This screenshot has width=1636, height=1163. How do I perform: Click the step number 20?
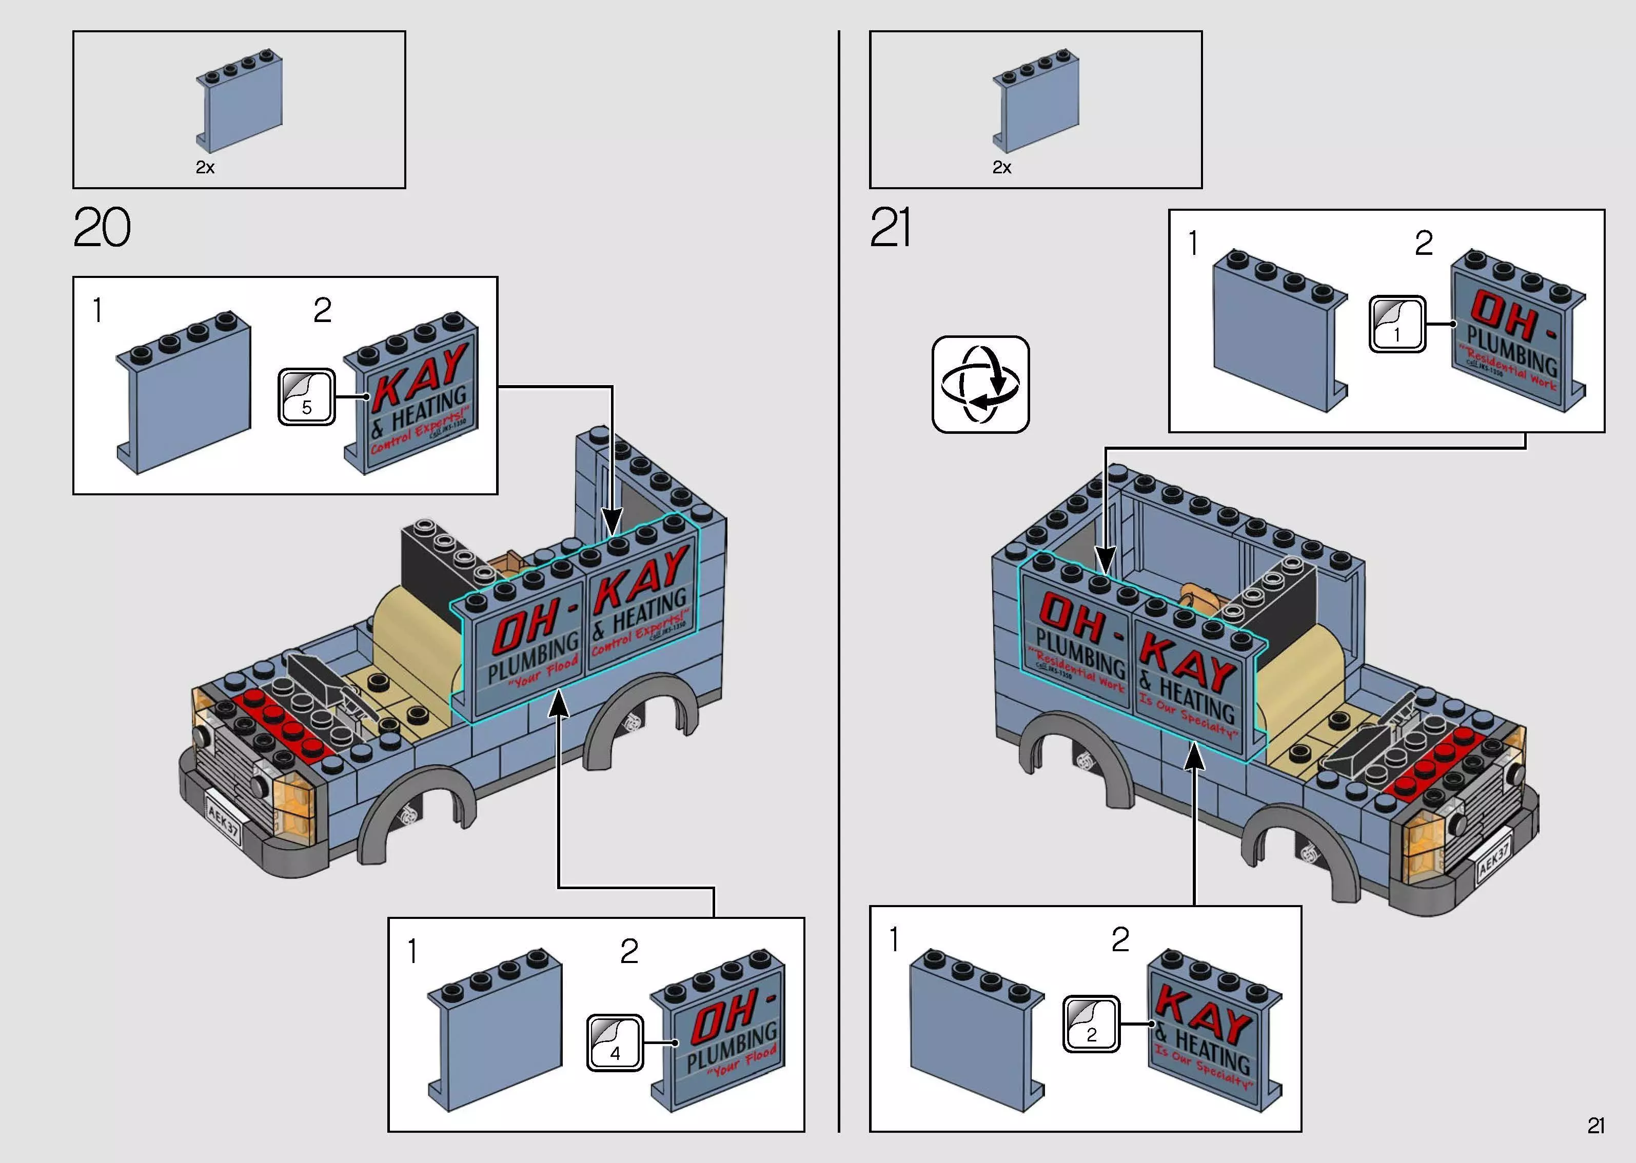102,228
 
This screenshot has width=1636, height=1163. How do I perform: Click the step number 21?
891,228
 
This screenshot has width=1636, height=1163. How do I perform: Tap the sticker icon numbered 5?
307,397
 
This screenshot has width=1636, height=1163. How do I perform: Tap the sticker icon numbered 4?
615,1042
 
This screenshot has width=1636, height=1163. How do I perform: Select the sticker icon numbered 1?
1397,325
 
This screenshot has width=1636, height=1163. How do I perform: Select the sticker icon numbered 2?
1090,1024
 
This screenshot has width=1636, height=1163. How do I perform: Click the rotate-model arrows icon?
980,385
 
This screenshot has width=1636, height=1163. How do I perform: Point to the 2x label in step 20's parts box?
205,168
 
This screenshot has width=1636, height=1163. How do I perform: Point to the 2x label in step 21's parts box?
1001,168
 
